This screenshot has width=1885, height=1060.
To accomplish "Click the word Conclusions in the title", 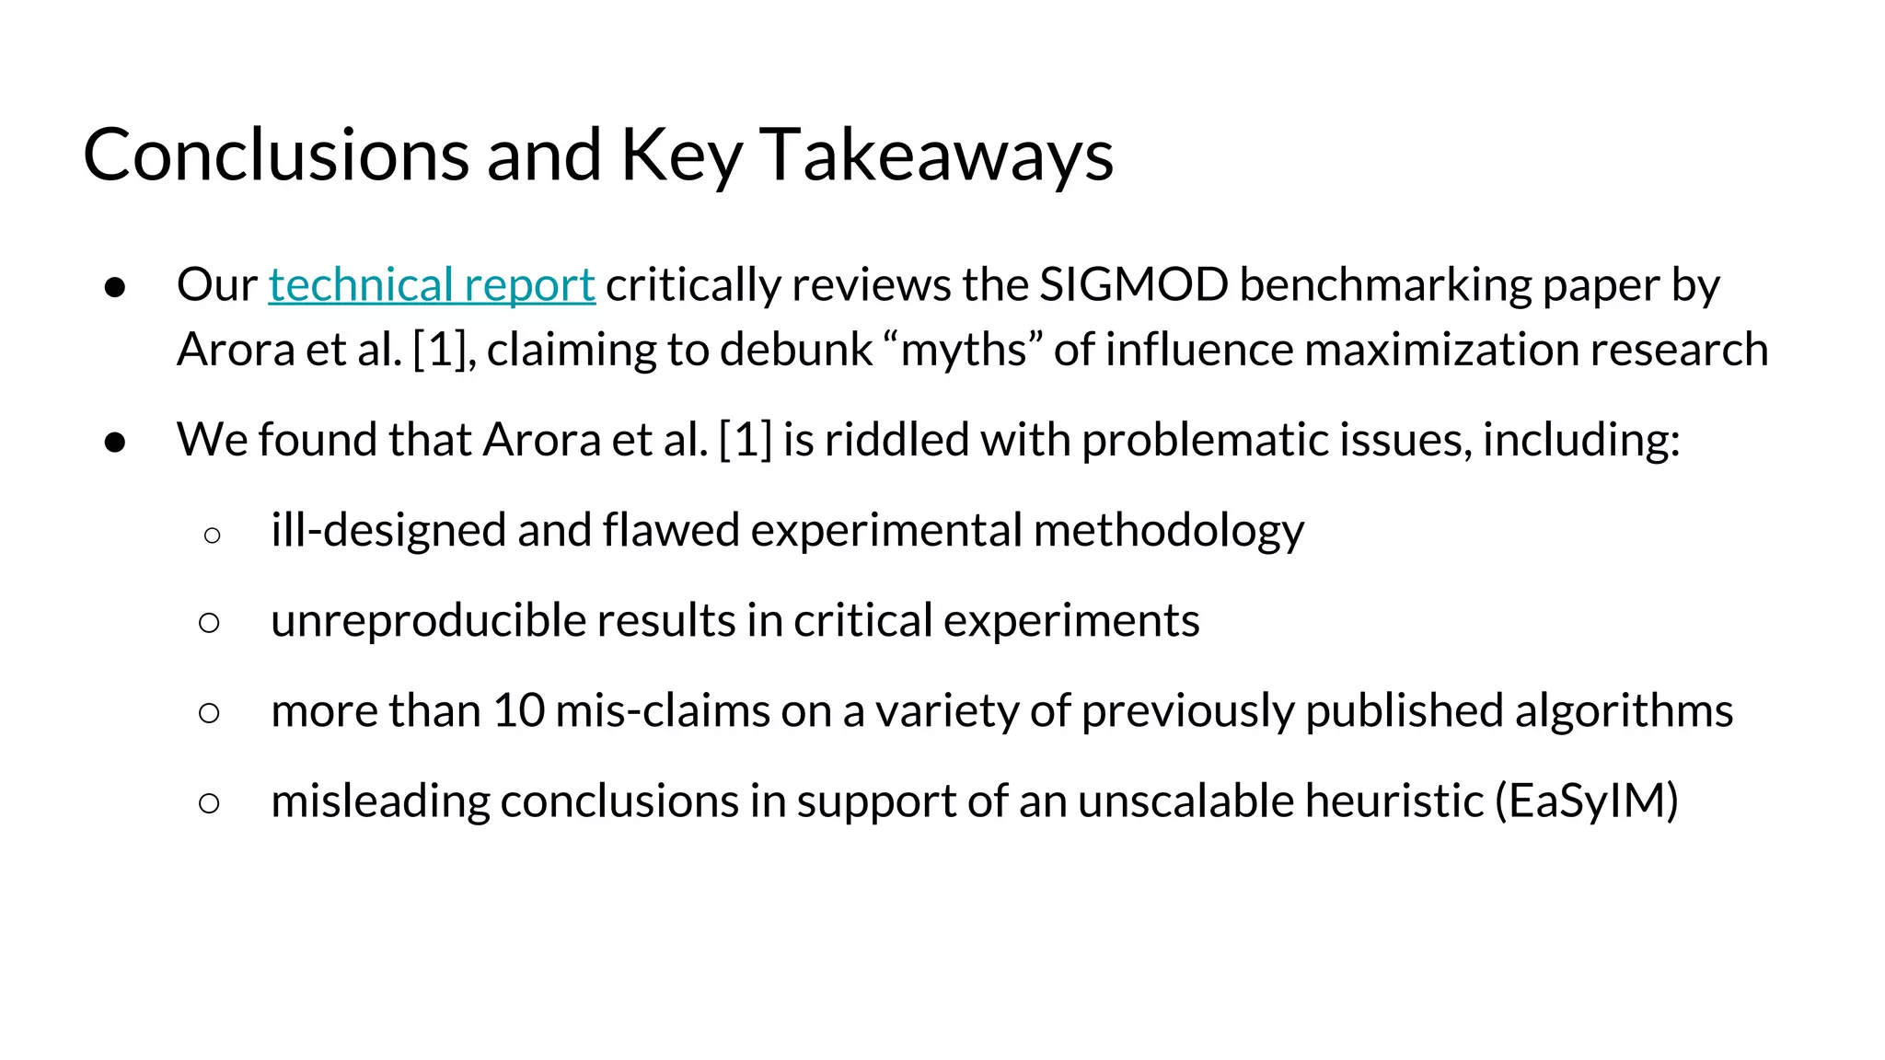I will click(x=276, y=155).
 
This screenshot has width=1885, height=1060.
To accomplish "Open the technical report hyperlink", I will click(x=432, y=284).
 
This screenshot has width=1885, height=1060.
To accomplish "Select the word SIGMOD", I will click(x=1133, y=284).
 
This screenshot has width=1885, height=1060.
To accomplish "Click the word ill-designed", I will click(x=388, y=530).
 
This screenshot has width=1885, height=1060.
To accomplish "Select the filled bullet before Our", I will click(x=115, y=287).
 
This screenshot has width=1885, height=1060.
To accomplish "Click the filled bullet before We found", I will click(x=115, y=442).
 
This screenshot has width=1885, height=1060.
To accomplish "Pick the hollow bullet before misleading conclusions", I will click(x=210, y=803).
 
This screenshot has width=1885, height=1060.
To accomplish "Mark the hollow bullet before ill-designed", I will click(x=212, y=535).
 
